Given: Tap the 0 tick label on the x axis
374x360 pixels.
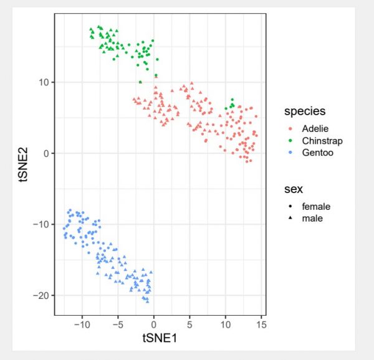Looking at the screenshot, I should pyautogui.click(x=154, y=324).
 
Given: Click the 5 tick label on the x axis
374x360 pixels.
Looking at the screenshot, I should pyautogui.click(x=189, y=324).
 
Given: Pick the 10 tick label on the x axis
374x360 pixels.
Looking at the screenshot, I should pyautogui.click(x=225, y=324).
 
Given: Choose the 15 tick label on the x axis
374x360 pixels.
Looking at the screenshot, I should pyautogui.click(x=261, y=324).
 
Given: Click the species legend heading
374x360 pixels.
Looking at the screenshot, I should pyautogui.click(x=305, y=112).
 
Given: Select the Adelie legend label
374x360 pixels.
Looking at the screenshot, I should pyautogui.click(x=315, y=128).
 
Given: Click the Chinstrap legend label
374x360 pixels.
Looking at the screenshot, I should pyautogui.click(x=322, y=140).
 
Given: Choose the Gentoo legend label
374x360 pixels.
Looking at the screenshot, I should pyautogui.click(x=317, y=152).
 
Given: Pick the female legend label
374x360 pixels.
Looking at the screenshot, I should pyautogui.click(x=316, y=206).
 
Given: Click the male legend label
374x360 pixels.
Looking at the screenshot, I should pyautogui.click(x=312, y=218).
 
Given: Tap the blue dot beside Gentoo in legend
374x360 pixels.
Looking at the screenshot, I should pyautogui.click(x=291, y=152).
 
